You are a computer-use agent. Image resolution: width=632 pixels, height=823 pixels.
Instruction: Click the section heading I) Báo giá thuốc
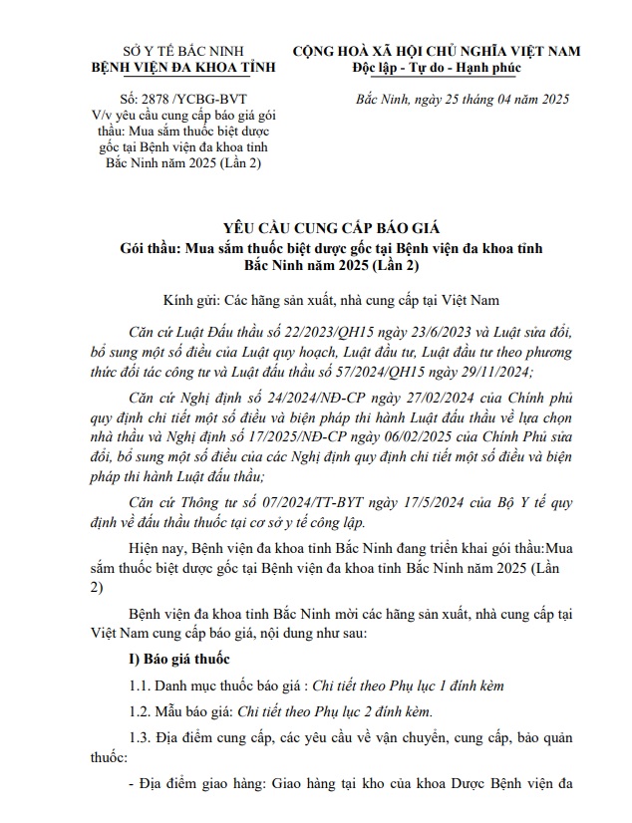coord(179,660)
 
